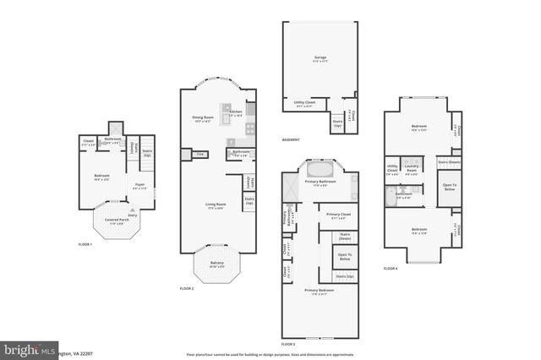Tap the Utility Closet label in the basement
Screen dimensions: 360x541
[x=304, y=104]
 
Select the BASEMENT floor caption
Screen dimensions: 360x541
[x=293, y=140]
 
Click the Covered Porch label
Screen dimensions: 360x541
[x=117, y=221]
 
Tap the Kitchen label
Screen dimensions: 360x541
[x=236, y=112]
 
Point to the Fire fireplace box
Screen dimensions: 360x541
[x=199, y=155]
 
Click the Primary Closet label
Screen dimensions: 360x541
[x=340, y=215]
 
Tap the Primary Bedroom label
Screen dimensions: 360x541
[x=320, y=292]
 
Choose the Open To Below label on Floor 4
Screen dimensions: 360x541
[x=449, y=186]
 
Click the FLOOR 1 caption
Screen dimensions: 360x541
[x=85, y=244]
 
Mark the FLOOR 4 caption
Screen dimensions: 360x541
[x=390, y=268]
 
